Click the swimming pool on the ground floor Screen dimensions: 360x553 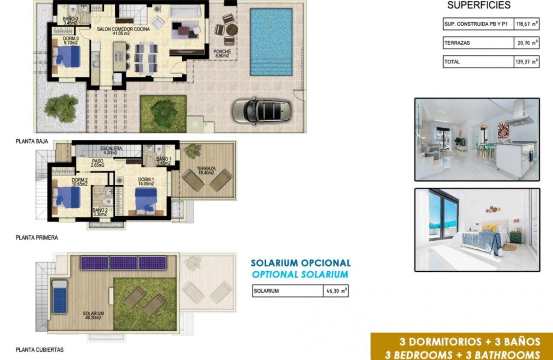tap(271, 42)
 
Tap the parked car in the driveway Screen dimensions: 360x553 tap(261, 111)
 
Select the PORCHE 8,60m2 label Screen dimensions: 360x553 tap(222, 54)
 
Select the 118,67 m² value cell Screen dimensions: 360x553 tap(526, 24)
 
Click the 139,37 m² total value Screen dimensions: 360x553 tap(526, 62)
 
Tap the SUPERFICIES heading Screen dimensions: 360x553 tap(479, 6)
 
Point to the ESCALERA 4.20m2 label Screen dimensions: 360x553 tap(111, 150)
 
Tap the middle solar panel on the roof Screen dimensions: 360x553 tap(123, 263)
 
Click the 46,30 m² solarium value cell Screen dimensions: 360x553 tap(336, 291)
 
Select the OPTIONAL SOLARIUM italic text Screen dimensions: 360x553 tap(300, 275)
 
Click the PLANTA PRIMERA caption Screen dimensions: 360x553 tap(37, 237)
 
